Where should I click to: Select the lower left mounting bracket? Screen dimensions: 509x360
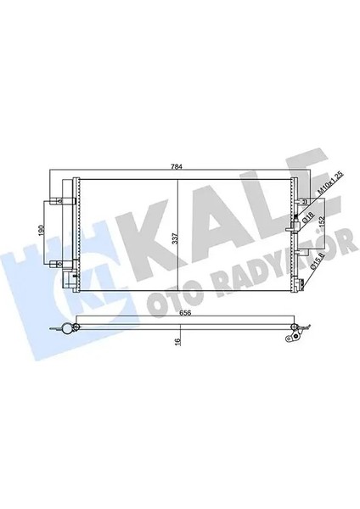(61, 278)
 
